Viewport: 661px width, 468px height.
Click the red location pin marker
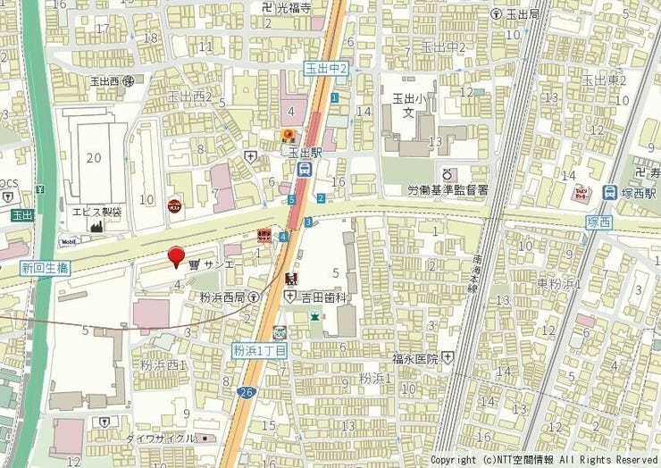coord(177,255)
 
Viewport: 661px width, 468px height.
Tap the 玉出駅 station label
coord(305,153)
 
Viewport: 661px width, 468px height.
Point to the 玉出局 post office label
coord(523,14)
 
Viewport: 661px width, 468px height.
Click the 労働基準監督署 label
coord(448,190)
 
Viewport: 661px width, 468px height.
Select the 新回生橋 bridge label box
coord(45,268)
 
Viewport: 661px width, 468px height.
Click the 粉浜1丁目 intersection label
coord(259,350)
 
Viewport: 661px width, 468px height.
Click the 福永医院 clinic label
coord(414,358)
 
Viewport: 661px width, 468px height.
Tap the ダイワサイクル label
coord(160,439)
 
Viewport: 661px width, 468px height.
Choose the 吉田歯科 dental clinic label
coord(323,295)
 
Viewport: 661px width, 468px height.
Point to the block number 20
coord(94,158)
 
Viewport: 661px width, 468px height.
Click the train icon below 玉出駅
coord(305,168)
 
